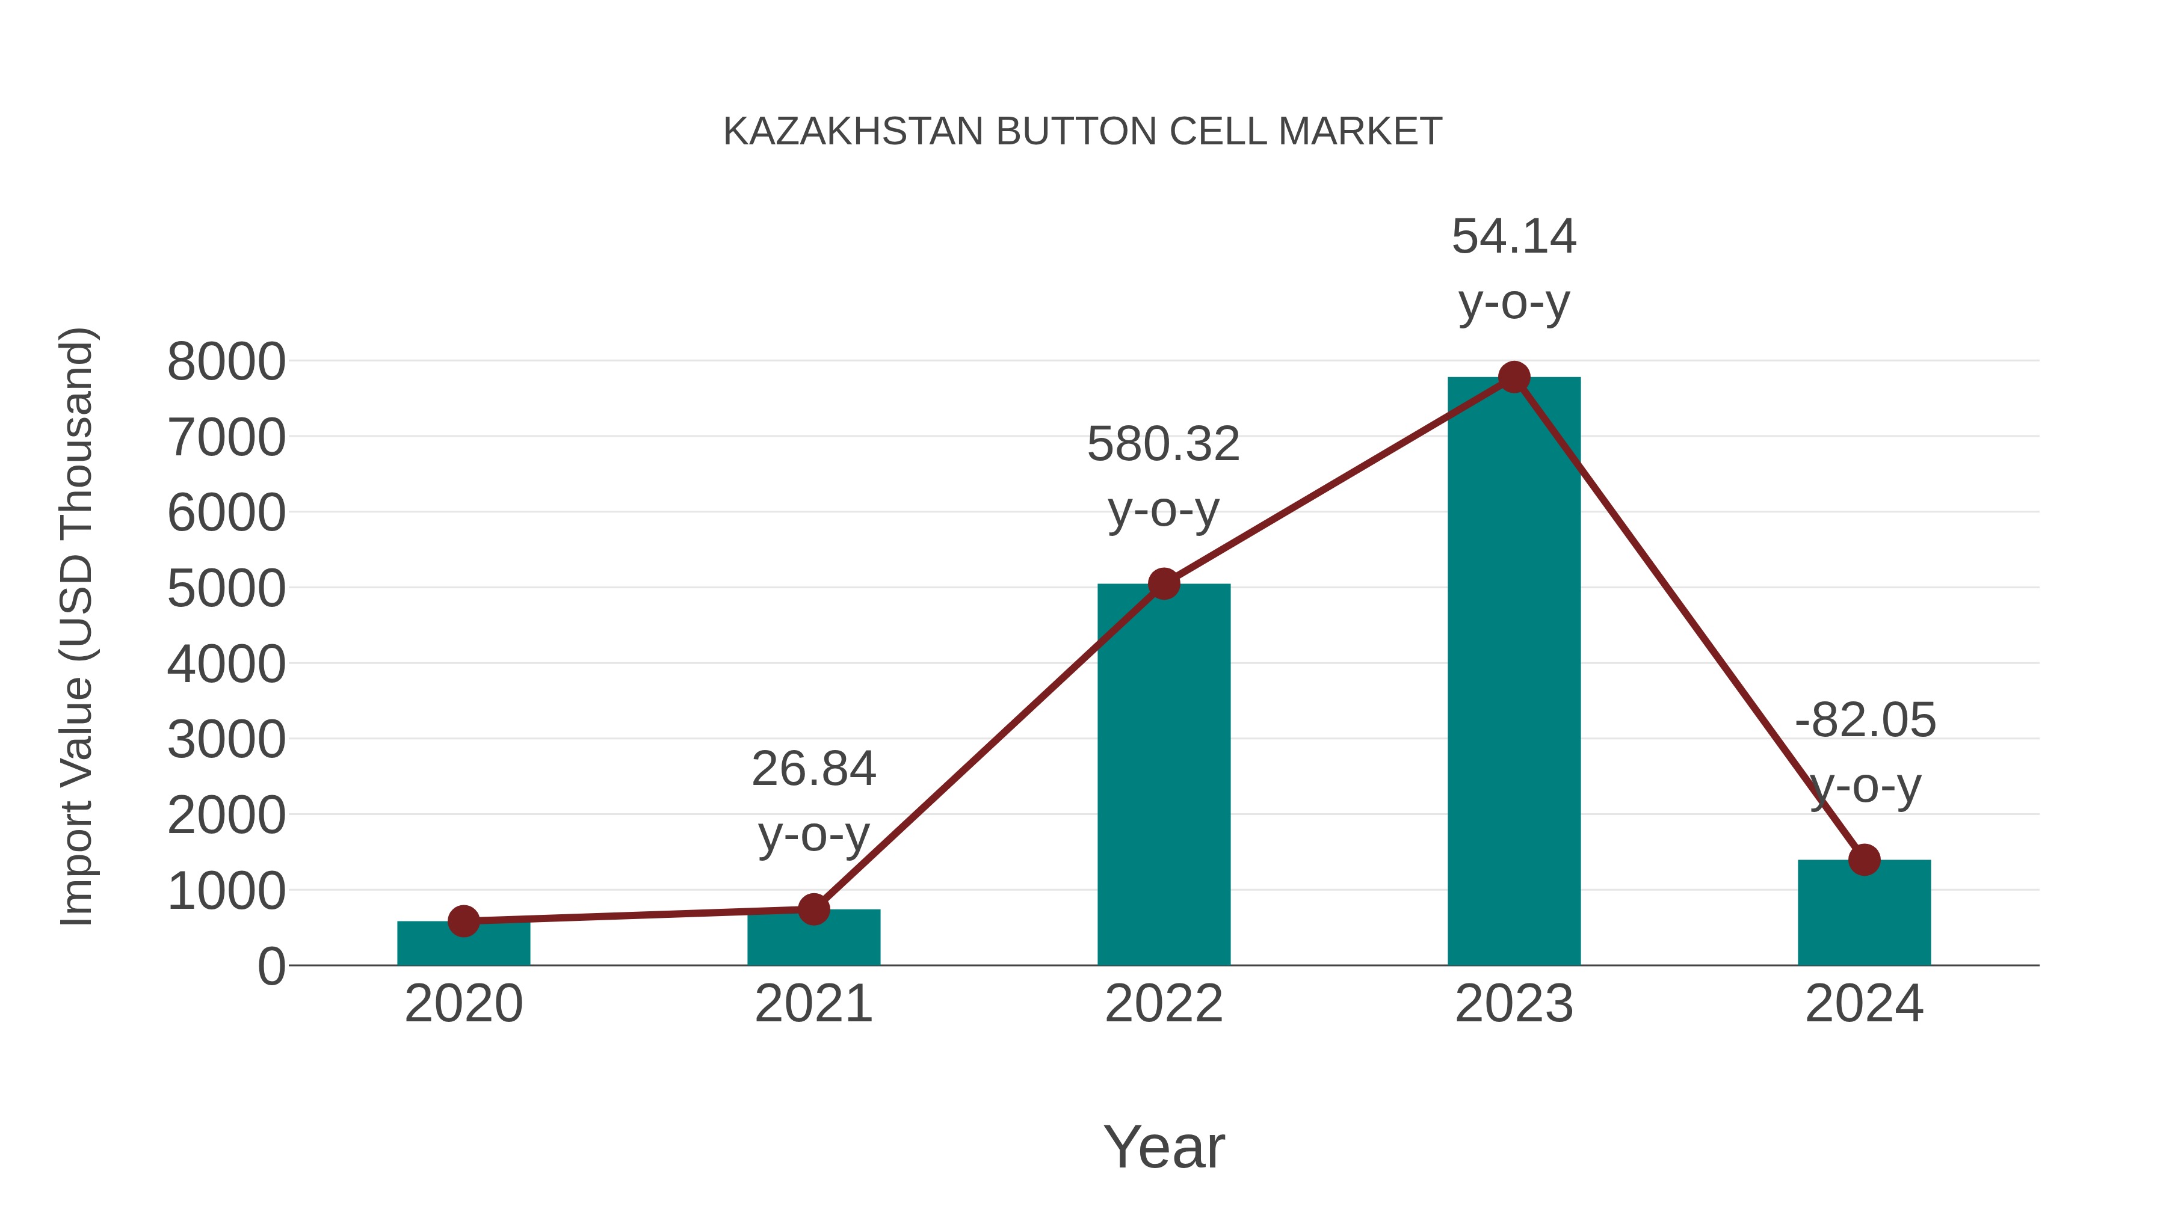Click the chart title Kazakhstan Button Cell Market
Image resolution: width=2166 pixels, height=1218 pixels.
(x=1082, y=132)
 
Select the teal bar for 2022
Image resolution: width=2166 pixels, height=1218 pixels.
(x=1164, y=782)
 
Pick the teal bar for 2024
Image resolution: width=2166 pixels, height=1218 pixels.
(x=1864, y=916)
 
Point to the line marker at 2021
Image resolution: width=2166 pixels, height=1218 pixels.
(x=813, y=909)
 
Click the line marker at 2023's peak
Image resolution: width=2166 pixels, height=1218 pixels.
(x=1514, y=377)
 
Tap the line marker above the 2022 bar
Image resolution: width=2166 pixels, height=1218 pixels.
(x=1164, y=583)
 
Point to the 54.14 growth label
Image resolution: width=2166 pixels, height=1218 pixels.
(x=1514, y=236)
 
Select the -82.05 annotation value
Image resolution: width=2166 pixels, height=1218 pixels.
(x=1864, y=721)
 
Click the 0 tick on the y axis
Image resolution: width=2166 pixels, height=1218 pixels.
(x=271, y=966)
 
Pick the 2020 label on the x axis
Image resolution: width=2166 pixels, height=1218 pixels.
(x=463, y=1004)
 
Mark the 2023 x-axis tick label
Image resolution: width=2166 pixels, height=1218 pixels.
(x=1514, y=1004)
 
